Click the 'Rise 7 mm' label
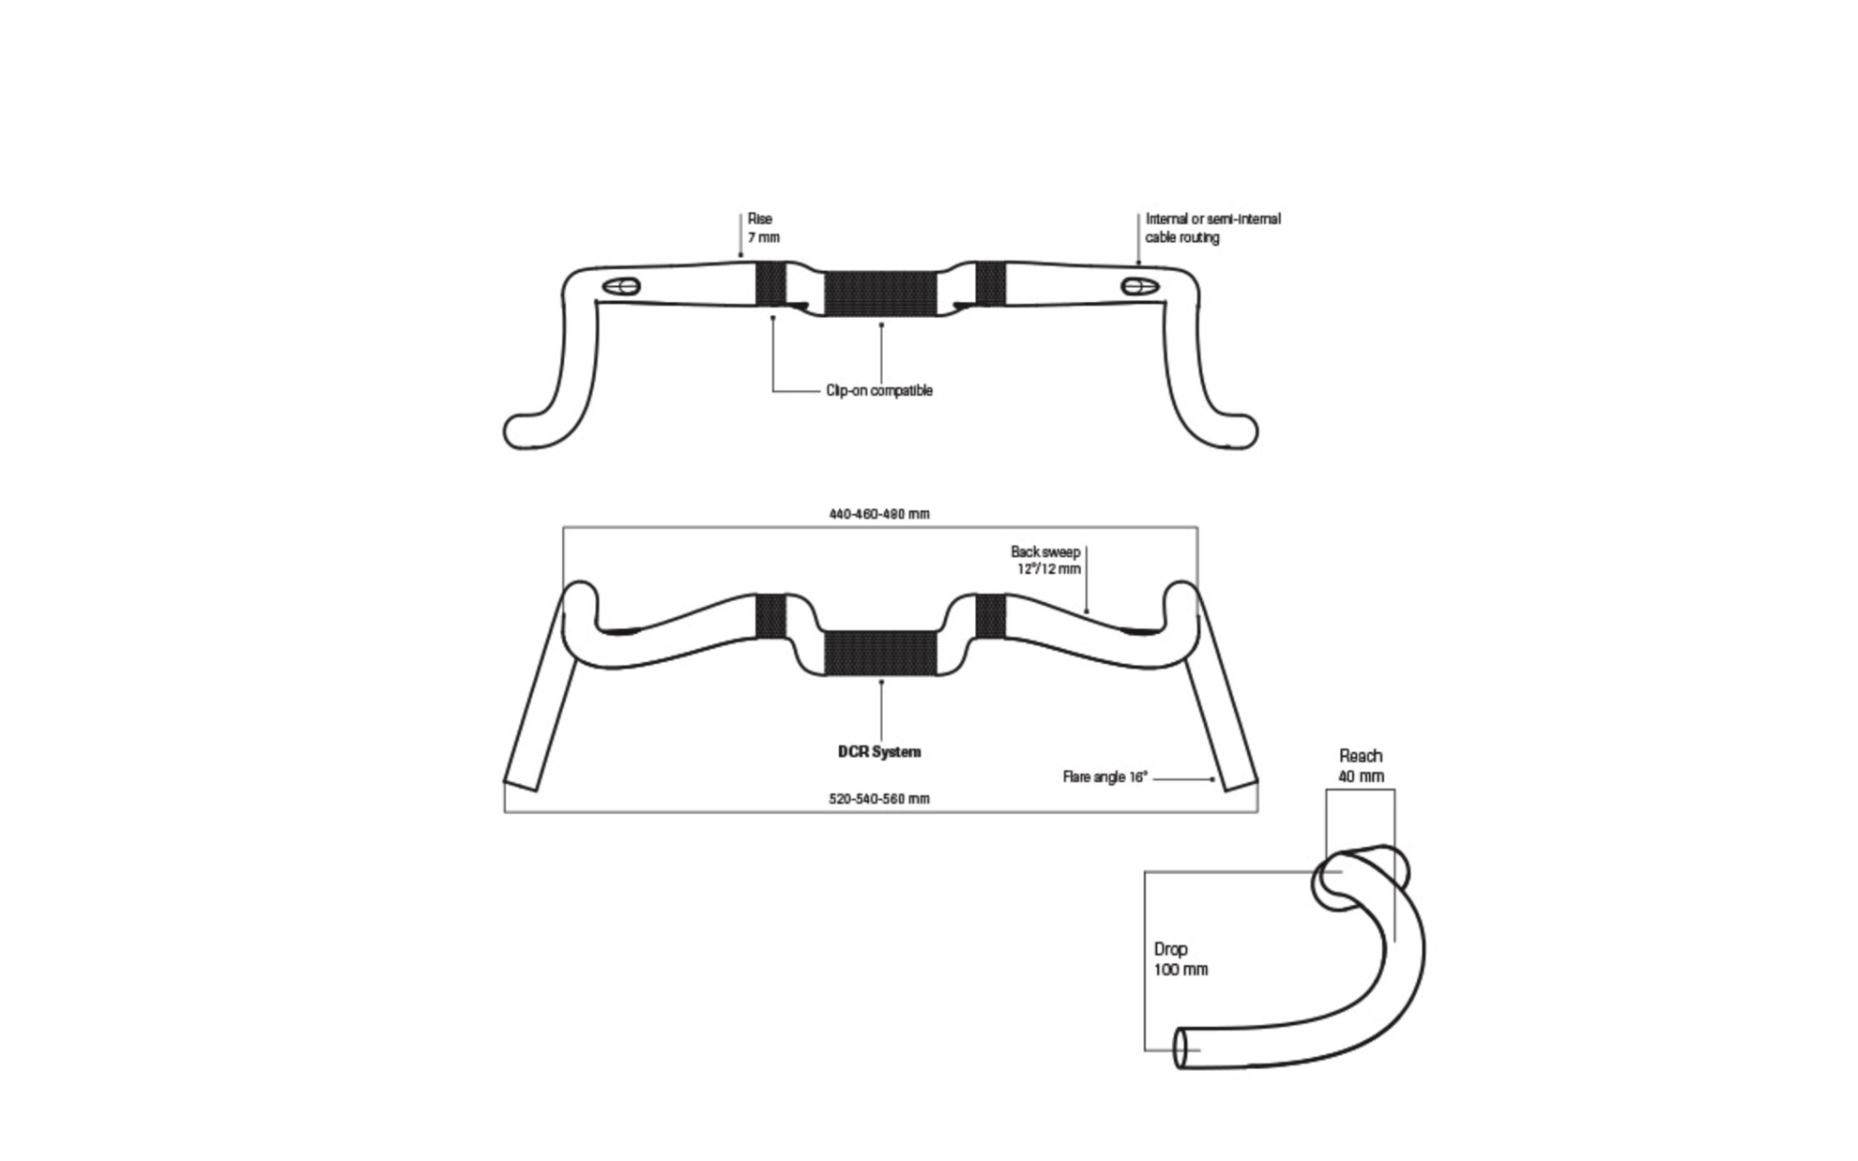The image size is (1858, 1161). [x=763, y=228]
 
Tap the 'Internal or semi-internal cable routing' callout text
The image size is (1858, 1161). [x=1212, y=228]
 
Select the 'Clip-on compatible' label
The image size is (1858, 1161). [x=879, y=390]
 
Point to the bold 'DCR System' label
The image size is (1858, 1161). [x=879, y=751]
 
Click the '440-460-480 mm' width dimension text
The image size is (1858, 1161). [x=879, y=514]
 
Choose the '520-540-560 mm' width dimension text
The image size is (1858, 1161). [x=879, y=799]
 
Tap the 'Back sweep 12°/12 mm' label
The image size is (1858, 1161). [x=1045, y=560]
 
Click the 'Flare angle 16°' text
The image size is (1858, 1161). [x=1105, y=777]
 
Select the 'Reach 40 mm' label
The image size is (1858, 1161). [x=1361, y=765]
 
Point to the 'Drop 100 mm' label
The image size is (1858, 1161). [x=1180, y=958]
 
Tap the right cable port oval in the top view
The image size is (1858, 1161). [x=1140, y=285]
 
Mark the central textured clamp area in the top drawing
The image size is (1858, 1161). [x=881, y=294]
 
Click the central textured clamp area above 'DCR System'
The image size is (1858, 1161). [x=881, y=653]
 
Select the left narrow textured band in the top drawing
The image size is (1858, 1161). [x=770, y=282]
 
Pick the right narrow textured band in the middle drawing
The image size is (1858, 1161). [x=991, y=615]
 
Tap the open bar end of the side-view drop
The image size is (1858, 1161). [x=1180, y=1048]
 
